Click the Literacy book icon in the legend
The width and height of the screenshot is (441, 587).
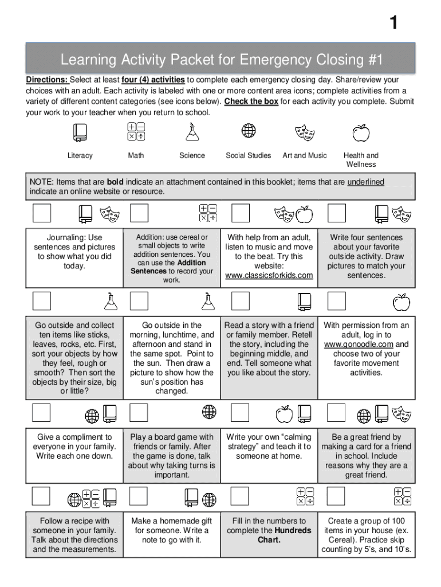pyautogui.click(x=79, y=132)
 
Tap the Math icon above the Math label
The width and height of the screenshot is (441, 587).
pyautogui.click(x=136, y=131)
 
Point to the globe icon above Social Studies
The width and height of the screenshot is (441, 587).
pyautogui.click(x=248, y=131)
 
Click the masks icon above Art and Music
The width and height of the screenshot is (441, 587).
pyautogui.click(x=305, y=133)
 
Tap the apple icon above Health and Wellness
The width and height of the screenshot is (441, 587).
pyautogui.click(x=361, y=132)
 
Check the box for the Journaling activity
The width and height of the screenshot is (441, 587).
pyautogui.click(x=41, y=213)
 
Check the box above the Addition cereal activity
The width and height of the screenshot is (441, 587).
pyautogui.click(x=140, y=213)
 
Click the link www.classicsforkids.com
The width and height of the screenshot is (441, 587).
pyautogui.click(x=269, y=275)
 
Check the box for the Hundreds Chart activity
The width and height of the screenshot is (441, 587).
pyautogui.click(x=240, y=496)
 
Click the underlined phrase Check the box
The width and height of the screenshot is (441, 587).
pyautogui.click(x=251, y=101)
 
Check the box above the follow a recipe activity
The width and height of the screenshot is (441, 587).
pyautogui.click(x=41, y=496)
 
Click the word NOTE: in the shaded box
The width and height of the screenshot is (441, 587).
pyautogui.click(x=42, y=182)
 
